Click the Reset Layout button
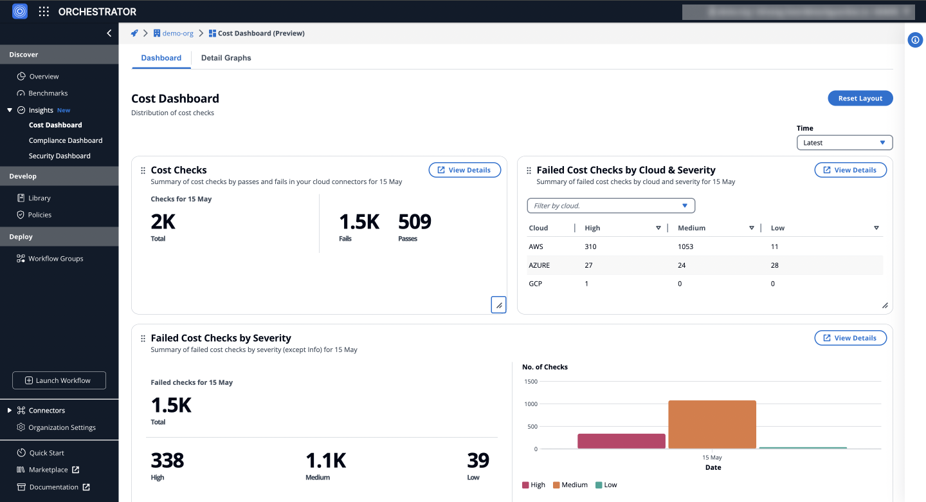(x=860, y=98)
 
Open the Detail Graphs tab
(x=226, y=58)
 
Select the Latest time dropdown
(x=844, y=143)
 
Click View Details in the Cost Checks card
(x=464, y=170)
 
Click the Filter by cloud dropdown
(x=610, y=206)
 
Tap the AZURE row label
(x=539, y=265)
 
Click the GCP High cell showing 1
(x=586, y=284)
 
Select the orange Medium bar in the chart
(x=712, y=425)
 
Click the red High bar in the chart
(x=621, y=441)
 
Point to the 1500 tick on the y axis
(x=531, y=382)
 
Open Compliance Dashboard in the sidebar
(x=66, y=140)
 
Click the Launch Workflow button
(x=59, y=380)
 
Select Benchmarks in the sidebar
(x=48, y=93)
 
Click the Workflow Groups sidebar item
(x=55, y=259)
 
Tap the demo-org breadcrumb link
(x=177, y=33)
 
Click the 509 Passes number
(x=414, y=222)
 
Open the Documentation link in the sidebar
(x=53, y=487)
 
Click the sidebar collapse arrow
(x=109, y=33)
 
